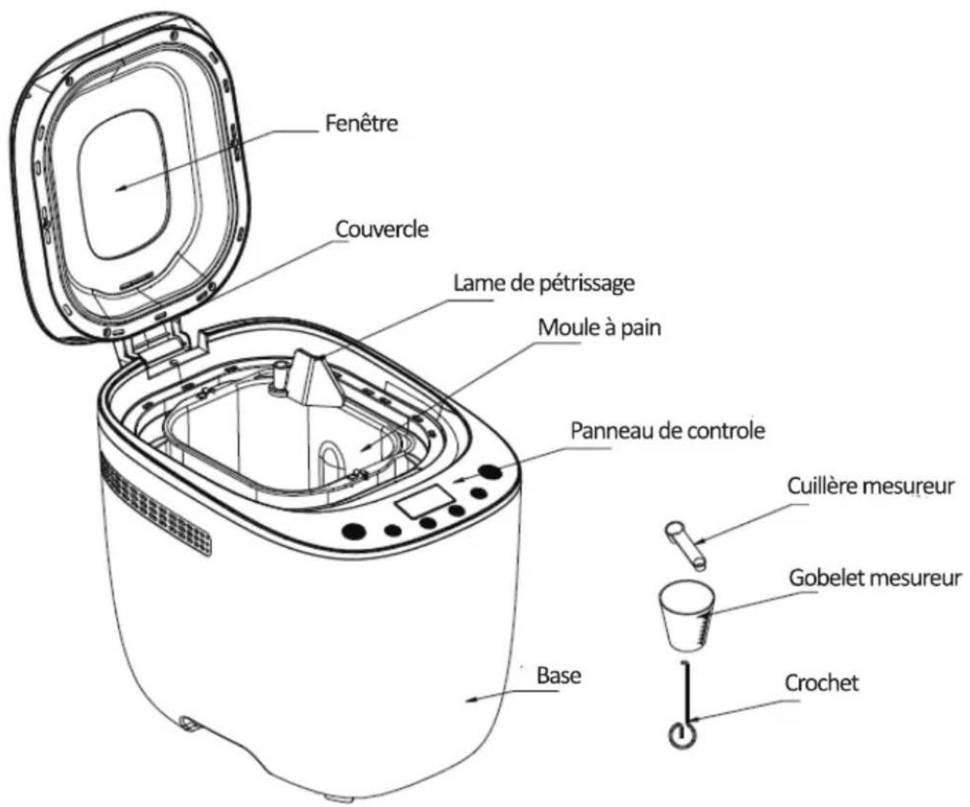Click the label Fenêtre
pyautogui.click(x=361, y=123)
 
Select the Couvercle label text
pyautogui.click(x=382, y=228)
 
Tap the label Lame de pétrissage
pyautogui.click(x=544, y=282)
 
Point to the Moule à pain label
pyautogui.click(x=599, y=328)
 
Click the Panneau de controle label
pyautogui.click(x=667, y=430)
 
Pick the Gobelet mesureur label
pyautogui.click(x=875, y=578)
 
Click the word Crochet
pyautogui.click(x=822, y=683)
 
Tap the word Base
pyautogui.click(x=559, y=675)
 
